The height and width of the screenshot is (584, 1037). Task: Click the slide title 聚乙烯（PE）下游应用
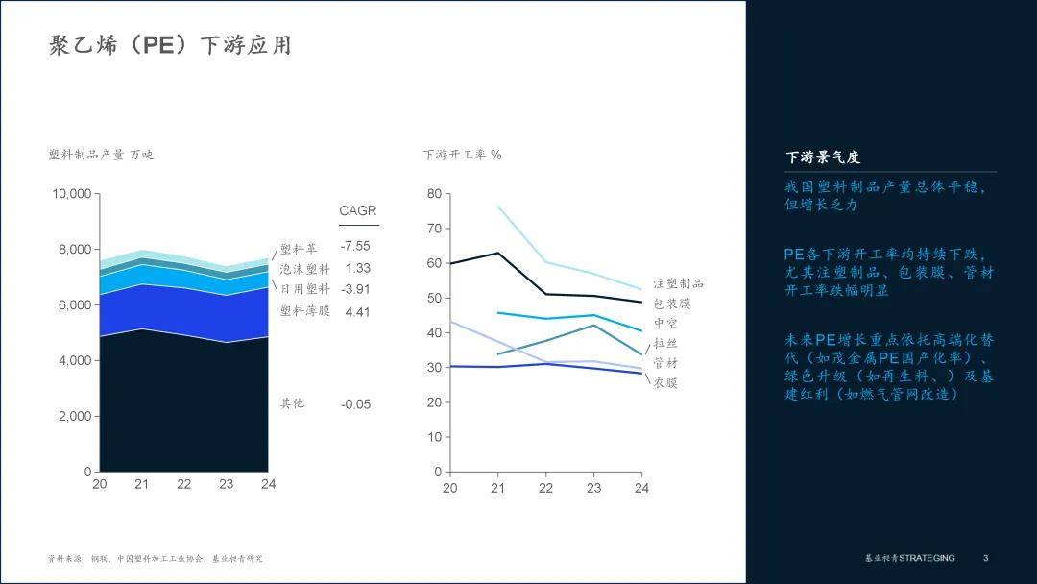[170, 45]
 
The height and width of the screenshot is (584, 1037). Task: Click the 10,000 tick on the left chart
[72, 194]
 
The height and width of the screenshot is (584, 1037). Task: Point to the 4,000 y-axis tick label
[76, 361]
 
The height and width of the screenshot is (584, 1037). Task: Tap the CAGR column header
[358, 211]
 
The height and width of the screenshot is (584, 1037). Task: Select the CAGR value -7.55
[355, 247]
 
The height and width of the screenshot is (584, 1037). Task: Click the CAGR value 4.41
[357, 311]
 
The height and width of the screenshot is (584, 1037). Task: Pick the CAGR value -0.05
[355, 404]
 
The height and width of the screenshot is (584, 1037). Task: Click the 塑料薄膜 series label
[305, 311]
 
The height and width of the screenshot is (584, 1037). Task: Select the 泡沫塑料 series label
[305, 269]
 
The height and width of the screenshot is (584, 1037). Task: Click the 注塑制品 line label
[679, 283]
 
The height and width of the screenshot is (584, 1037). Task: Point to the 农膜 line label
[665, 383]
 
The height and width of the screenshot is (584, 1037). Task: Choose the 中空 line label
[665, 324]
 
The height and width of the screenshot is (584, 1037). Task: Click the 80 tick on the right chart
[434, 194]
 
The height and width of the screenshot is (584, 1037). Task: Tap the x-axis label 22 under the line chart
[545, 488]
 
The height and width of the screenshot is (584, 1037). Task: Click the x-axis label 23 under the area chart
[226, 484]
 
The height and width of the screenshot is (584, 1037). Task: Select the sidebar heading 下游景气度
[823, 158]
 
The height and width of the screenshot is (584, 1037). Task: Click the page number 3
[985, 558]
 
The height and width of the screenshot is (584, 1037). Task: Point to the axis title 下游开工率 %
[462, 154]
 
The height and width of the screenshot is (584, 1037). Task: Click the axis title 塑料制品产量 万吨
[101, 154]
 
